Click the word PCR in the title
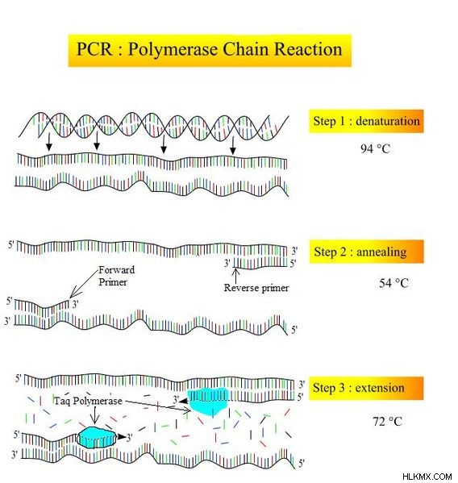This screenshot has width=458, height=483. [x=94, y=49]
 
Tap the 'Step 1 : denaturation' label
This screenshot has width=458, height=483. [x=367, y=121]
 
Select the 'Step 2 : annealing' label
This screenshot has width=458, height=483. [x=360, y=252]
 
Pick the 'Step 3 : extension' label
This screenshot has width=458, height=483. [x=359, y=388]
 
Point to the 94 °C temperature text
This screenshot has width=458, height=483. [x=375, y=149]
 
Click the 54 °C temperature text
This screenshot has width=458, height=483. [x=393, y=283]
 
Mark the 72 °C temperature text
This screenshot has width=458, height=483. [x=387, y=421]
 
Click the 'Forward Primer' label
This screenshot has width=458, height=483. [x=116, y=276]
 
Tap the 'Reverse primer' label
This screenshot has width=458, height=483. [x=256, y=288]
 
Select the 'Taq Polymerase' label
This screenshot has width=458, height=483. [x=88, y=401]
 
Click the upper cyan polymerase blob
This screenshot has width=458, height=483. [x=208, y=402]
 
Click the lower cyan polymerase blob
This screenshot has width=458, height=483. [x=97, y=438]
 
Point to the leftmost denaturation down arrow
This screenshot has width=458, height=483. [x=48, y=143]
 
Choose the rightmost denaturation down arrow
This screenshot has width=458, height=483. [x=233, y=146]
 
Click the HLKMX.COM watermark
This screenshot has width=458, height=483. [x=427, y=477]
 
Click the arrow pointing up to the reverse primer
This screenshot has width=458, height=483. [x=236, y=276]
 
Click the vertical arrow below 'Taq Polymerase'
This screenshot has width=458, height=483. [x=95, y=415]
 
